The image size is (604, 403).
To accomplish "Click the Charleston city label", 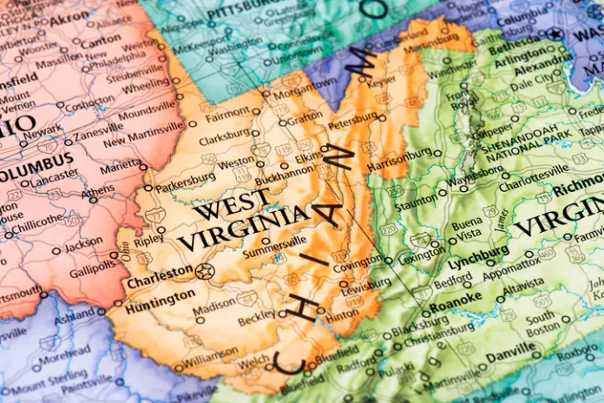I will [160, 282].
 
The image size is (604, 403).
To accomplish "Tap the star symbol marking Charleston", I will [205, 272].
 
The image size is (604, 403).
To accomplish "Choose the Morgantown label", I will [306, 83].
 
